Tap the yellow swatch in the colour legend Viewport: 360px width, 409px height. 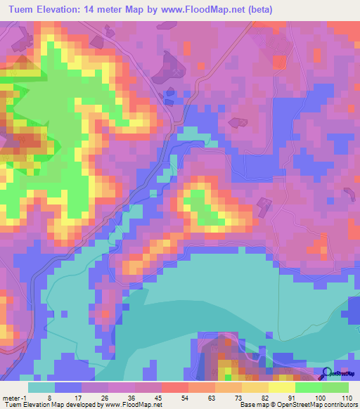281,387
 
